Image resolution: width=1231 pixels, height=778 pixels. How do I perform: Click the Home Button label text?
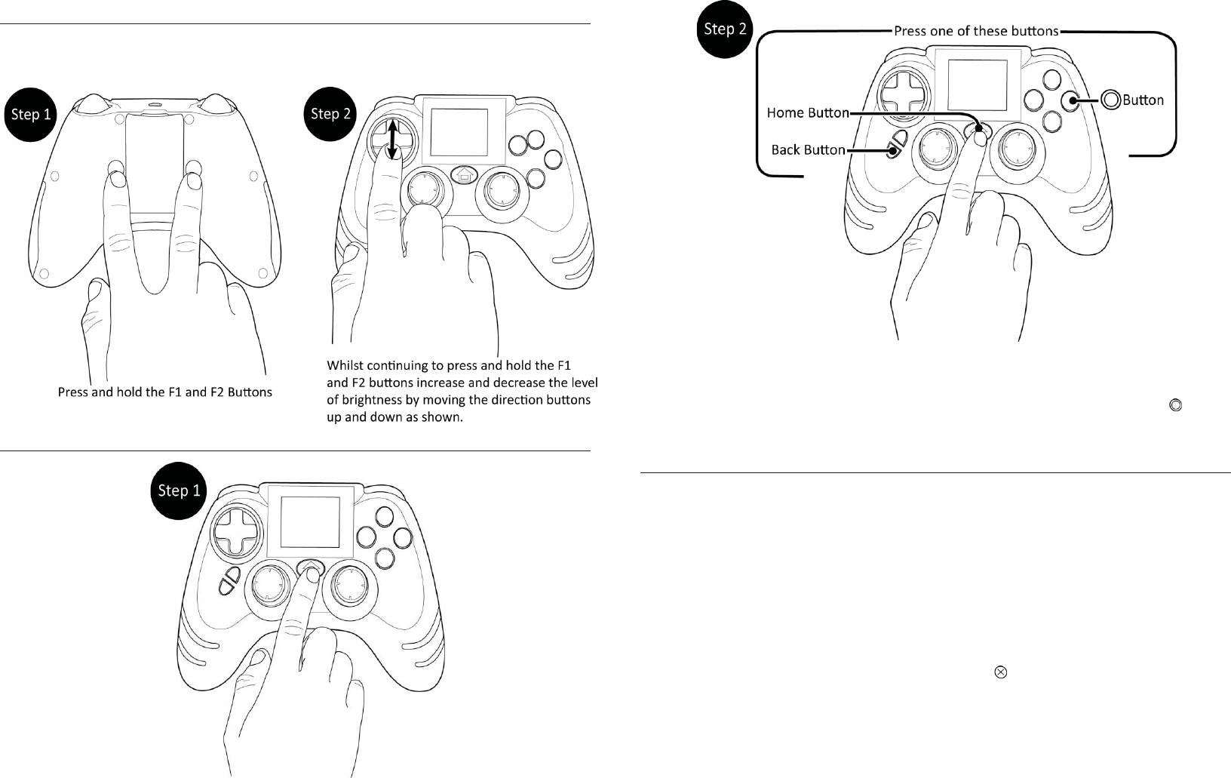tap(807, 113)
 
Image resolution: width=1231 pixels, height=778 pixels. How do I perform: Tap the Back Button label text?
tap(808, 150)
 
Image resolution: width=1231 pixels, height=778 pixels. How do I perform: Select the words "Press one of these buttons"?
tap(976, 32)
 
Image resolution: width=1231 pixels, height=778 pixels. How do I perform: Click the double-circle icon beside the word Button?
tap(1110, 100)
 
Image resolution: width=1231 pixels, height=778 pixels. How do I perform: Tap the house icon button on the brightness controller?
tap(463, 175)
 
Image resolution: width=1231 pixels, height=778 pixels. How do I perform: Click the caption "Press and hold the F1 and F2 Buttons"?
tap(165, 392)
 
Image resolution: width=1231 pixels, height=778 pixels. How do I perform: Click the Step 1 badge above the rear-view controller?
tap(31, 115)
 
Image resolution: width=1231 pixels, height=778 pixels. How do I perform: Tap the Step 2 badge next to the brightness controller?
tap(330, 114)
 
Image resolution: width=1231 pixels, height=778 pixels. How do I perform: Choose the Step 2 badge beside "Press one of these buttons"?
tap(725, 29)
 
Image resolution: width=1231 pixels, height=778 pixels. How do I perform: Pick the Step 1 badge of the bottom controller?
tap(179, 490)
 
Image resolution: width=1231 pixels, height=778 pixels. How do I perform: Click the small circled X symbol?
tap(1001, 672)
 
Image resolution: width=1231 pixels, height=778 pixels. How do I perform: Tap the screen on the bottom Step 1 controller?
tap(310, 522)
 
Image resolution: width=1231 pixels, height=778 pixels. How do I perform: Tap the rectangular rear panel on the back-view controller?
tap(154, 162)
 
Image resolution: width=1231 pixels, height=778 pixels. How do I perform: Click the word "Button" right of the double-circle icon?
tap(1144, 100)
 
